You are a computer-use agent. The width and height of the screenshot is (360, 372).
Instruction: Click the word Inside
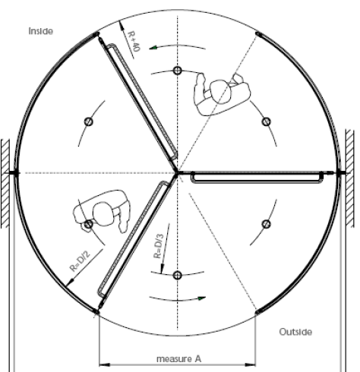click(x=41, y=31)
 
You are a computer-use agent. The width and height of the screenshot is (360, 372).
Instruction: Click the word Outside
click(x=295, y=332)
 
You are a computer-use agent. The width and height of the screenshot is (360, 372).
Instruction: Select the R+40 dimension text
click(x=134, y=41)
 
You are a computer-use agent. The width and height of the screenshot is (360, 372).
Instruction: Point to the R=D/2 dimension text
click(x=80, y=261)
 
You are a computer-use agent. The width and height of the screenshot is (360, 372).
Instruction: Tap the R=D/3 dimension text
click(x=158, y=246)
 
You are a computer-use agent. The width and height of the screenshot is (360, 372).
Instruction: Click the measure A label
click(x=179, y=359)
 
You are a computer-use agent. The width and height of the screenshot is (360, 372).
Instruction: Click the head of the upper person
click(x=221, y=92)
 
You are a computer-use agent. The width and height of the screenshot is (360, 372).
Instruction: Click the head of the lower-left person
click(x=103, y=214)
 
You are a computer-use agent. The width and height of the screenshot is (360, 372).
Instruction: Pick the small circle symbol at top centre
click(x=178, y=71)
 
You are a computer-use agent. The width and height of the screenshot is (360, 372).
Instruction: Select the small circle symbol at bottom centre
click(x=178, y=276)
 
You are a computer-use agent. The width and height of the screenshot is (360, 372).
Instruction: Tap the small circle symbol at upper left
click(x=88, y=121)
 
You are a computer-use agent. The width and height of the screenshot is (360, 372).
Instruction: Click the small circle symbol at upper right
click(x=266, y=121)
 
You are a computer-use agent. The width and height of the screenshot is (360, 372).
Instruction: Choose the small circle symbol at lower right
click(x=266, y=224)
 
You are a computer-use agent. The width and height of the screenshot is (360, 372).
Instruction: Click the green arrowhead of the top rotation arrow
click(x=153, y=48)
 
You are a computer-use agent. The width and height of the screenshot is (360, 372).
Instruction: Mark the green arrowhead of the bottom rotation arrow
click(x=202, y=298)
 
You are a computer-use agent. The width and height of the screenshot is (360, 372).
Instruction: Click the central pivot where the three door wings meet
click(x=177, y=173)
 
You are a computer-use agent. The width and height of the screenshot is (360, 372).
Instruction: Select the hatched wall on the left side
click(x=5, y=184)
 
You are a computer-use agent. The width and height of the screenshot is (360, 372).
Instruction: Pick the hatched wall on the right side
click(x=350, y=178)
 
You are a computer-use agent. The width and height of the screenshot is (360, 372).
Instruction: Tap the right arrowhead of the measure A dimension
click(x=251, y=364)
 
